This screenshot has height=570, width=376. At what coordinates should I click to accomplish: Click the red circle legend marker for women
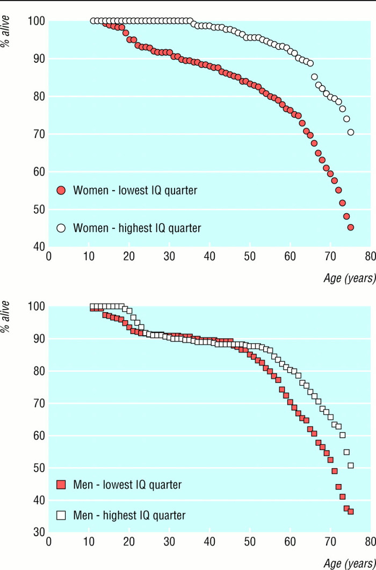pyautogui.click(x=61, y=190)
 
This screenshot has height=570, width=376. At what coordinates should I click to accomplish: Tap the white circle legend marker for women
pyautogui.click(x=61, y=228)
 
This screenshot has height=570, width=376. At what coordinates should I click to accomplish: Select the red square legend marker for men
pyautogui.click(x=61, y=485)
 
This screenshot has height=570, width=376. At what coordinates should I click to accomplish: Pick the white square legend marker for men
pyautogui.click(x=61, y=515)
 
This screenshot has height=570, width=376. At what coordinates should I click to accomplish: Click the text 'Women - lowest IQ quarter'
pyautogui.click(x=135, y=190)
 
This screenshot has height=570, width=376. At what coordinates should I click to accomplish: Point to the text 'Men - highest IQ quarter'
pyautogui.click(x=129, y=515)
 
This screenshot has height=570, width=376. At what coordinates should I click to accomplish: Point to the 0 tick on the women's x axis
pyautogui.click(x=48, y=255)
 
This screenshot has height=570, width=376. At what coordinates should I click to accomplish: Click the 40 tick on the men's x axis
pyautogui.click(x=209, y=540)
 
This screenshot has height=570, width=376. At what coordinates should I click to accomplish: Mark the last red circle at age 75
pyautogui.click(x=351, y=227)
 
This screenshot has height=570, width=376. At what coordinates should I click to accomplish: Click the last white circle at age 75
pyautogui.click(x=351, y=132)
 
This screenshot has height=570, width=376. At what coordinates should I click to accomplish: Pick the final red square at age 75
pyautogui.click(x=351, y=511)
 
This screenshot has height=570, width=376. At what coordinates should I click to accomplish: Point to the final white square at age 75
pyautogui.click(x=351, y=465)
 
